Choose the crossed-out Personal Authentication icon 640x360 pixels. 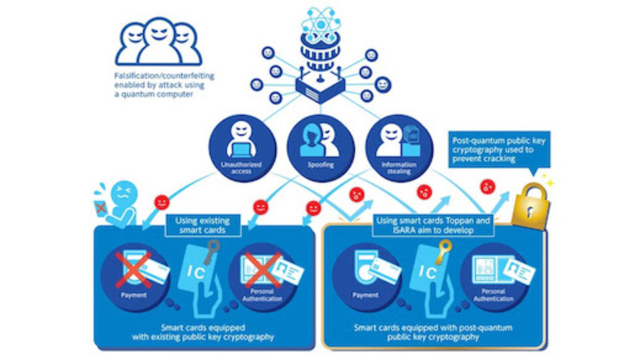[x=265, y=270]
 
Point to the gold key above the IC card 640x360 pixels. [x=443, y=249]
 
